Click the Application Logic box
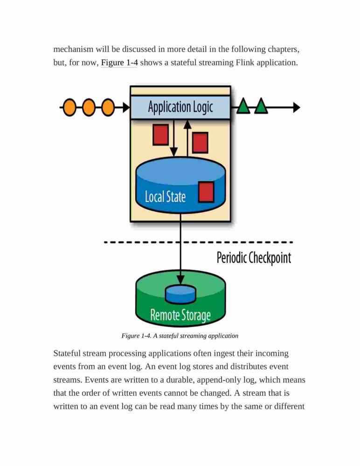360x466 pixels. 180,107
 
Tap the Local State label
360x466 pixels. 166,197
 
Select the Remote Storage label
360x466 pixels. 180,315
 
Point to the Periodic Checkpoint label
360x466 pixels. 254,258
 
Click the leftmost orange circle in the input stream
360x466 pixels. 69,107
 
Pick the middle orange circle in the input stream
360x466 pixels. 89,107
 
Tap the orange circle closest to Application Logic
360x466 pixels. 108,107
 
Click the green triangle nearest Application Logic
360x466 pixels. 243,106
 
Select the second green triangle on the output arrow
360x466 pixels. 261,106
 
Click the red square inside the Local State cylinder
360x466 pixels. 206,192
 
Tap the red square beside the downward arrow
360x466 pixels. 161,135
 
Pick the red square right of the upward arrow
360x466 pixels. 200,143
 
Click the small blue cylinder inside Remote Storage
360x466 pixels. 180,294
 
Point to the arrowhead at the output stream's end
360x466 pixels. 297,107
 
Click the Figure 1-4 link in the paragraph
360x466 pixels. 119,63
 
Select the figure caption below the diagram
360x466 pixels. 180,336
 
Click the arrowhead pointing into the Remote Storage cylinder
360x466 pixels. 180,280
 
